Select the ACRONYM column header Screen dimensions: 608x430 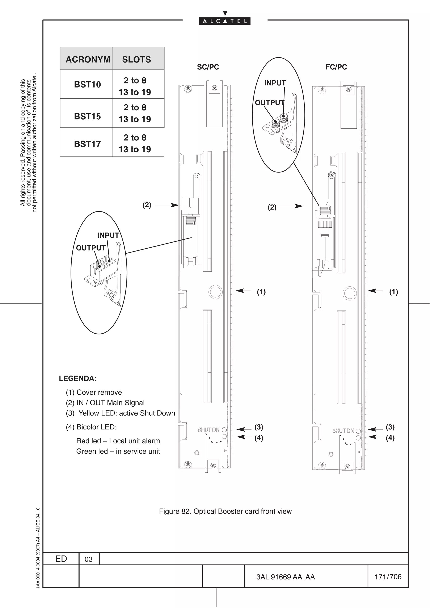point(88,59)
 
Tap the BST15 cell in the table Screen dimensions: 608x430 point(87,116)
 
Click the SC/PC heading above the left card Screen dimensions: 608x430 point(208,67)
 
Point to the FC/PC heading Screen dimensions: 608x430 point(336,67)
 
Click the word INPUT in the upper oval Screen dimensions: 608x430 point(275,83)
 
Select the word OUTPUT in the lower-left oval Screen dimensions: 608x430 point(91,248)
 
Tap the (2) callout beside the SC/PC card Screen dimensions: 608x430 point(147,205)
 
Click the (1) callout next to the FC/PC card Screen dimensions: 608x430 point(393,292)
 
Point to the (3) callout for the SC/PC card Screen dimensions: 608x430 point(259,427)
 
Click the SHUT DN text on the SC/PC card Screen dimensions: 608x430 point(208,429)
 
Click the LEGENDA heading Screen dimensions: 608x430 point(78,378)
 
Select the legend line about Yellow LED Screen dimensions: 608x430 point(121,413)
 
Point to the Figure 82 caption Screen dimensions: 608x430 point(225,511)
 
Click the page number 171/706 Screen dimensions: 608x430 point(388,577)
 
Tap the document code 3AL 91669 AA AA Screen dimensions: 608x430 point(285,577)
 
